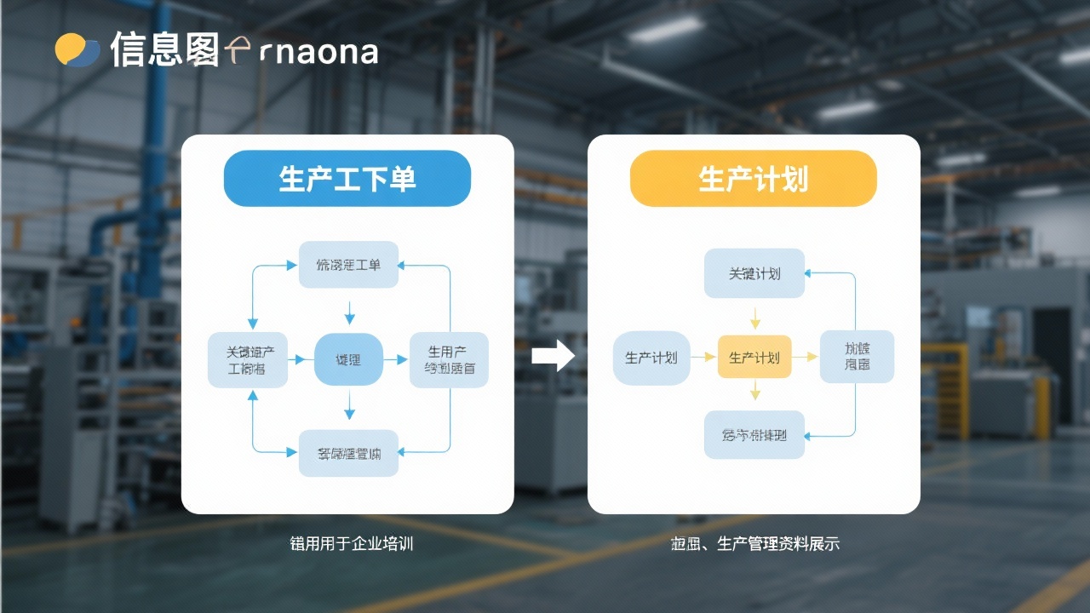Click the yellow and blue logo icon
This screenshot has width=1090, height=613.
coord(77,50)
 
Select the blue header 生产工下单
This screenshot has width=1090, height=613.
coord(347,179)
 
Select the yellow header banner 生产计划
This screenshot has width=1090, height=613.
coord(753,179)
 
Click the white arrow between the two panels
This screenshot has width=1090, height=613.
coord(553,356)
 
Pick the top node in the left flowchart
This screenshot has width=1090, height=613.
coord(348,265)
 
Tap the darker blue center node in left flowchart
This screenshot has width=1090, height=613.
coord(348,360)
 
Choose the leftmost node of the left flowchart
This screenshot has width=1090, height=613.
coord(247,360)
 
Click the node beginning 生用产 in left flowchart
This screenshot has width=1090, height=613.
coord(449,360)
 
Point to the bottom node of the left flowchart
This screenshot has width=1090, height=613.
coord(348,453)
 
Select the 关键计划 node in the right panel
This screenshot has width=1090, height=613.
coord(754,273)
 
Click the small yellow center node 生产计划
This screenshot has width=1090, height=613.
coord(754,358)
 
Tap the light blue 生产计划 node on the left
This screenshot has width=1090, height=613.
coord(651,358)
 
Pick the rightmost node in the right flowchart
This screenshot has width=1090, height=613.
coord(857,356)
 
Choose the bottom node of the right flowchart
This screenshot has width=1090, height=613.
coord(754,435)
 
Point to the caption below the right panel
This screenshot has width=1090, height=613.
coord(754,543)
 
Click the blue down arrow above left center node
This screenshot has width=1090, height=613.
coord(349,312)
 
